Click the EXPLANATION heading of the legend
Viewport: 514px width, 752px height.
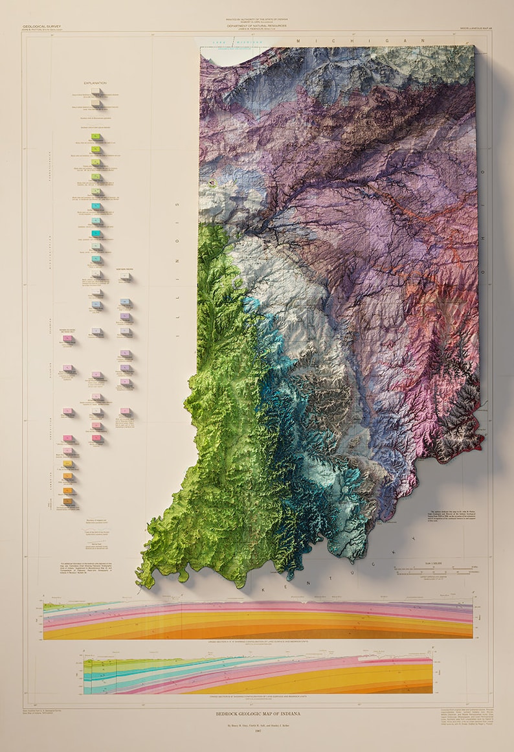click(x=95, y=83)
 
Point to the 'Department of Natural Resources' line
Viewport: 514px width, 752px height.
click(x=256, y=26)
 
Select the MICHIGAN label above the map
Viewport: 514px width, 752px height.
click(x=362, y=40)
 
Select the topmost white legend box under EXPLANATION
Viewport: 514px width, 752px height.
click(x=96, y=92)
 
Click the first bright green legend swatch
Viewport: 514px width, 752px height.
click(x=96, y=137)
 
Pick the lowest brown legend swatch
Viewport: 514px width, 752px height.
click(x=68, y=501)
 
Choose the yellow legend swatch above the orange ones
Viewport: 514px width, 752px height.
click(x=68, y=464)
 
